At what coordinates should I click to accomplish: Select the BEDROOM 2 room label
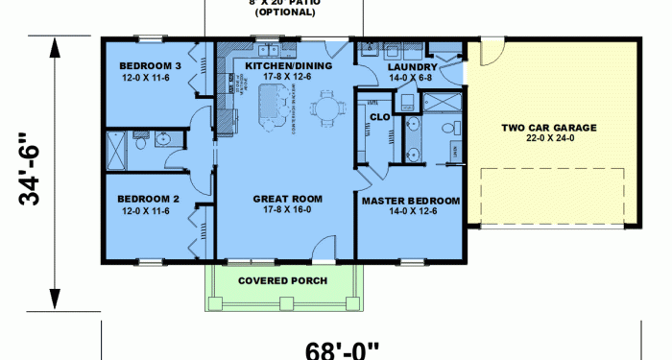pyautogui.click(x=145, y=199)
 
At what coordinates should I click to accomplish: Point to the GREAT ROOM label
pyautogui.click(x=287, y=199)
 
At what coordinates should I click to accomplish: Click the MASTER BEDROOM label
pyautogui.click(x=410, y=202)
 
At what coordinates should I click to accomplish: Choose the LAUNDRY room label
pyautogui.click(x=413, y=67)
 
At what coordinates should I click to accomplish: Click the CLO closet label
pyautogui.click(x=378, y=117)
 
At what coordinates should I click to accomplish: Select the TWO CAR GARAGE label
pyautogui.click(x=550, y=127)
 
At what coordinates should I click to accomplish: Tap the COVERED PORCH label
pyautogui.click(x=282, y=280)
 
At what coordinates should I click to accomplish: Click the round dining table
pyautogui.click(x=327, y=108)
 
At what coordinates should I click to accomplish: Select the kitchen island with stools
pyautogui.click(x=274, y=104)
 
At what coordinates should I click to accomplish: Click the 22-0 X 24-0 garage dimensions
pyautogui.click(x=550, y=138)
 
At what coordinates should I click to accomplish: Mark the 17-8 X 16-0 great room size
pyautogui.click(x=287, y=210)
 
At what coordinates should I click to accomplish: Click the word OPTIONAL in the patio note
pyautogui.click(x=284, y=12)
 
